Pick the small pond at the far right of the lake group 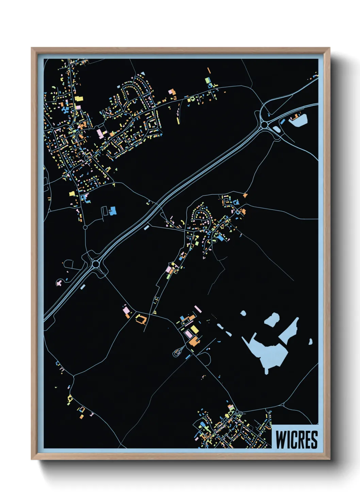pos(311,341)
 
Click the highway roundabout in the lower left pos(96,264)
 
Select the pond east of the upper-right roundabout pos(299,120)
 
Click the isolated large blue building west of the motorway pos(113,210)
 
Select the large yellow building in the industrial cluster pos(194,329)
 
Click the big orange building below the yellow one pos(194,341)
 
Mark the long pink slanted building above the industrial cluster pos(198,309)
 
